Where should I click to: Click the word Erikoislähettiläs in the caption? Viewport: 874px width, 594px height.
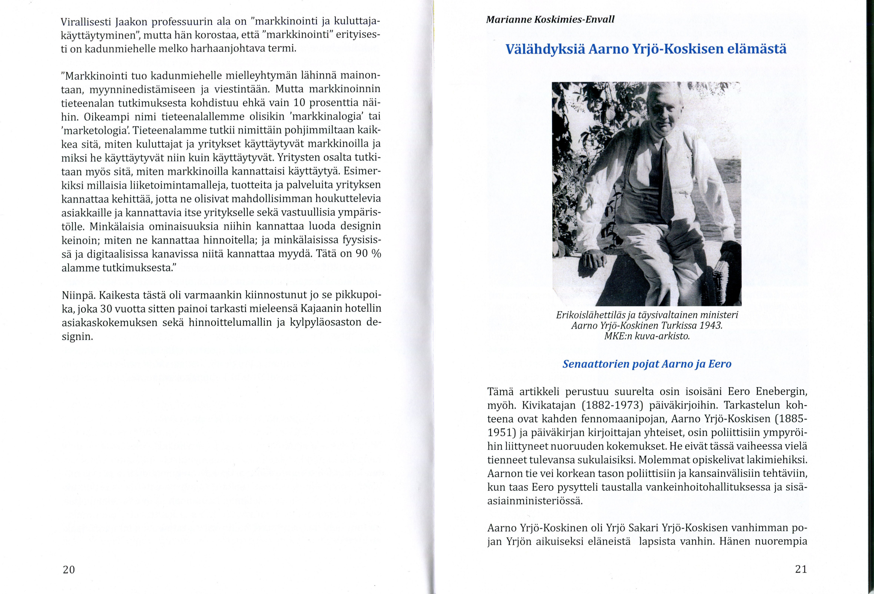(x=587, y=315)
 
